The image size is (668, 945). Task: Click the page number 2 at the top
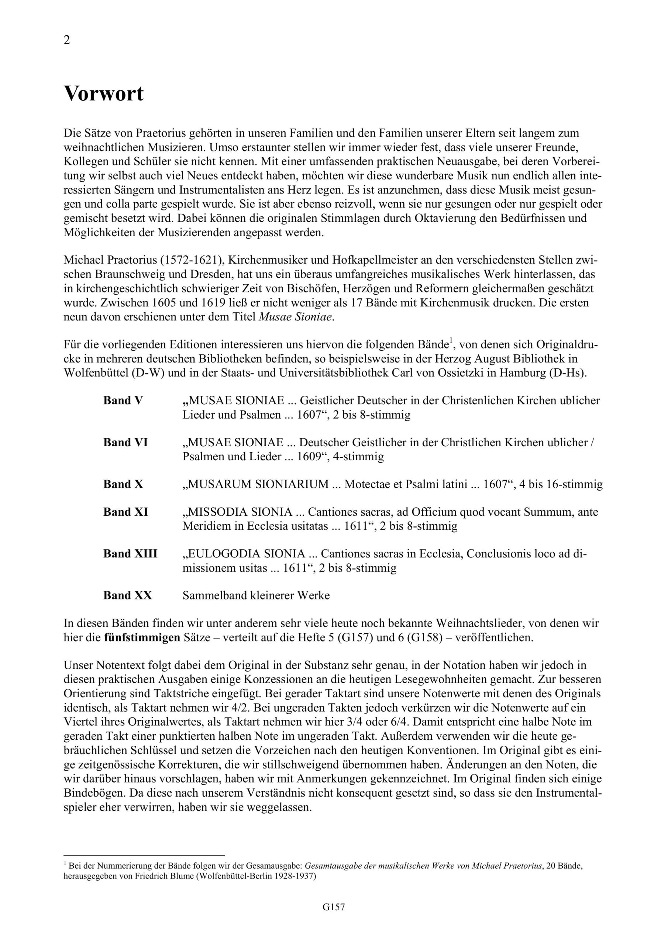[67, 40]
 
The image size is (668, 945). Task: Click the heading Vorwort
[104, 94]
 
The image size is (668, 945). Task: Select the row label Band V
[123, 401]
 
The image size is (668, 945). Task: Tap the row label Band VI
[125, 443]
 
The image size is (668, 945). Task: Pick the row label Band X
[123, 484]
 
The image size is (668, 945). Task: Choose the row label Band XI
[125, 512]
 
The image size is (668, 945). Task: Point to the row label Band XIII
[130, 554]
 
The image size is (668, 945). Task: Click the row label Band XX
[128, 595]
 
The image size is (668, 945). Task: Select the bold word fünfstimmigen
[142, 638]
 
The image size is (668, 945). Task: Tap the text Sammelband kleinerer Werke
[256, 595]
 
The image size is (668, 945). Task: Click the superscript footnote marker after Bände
[451, 341]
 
